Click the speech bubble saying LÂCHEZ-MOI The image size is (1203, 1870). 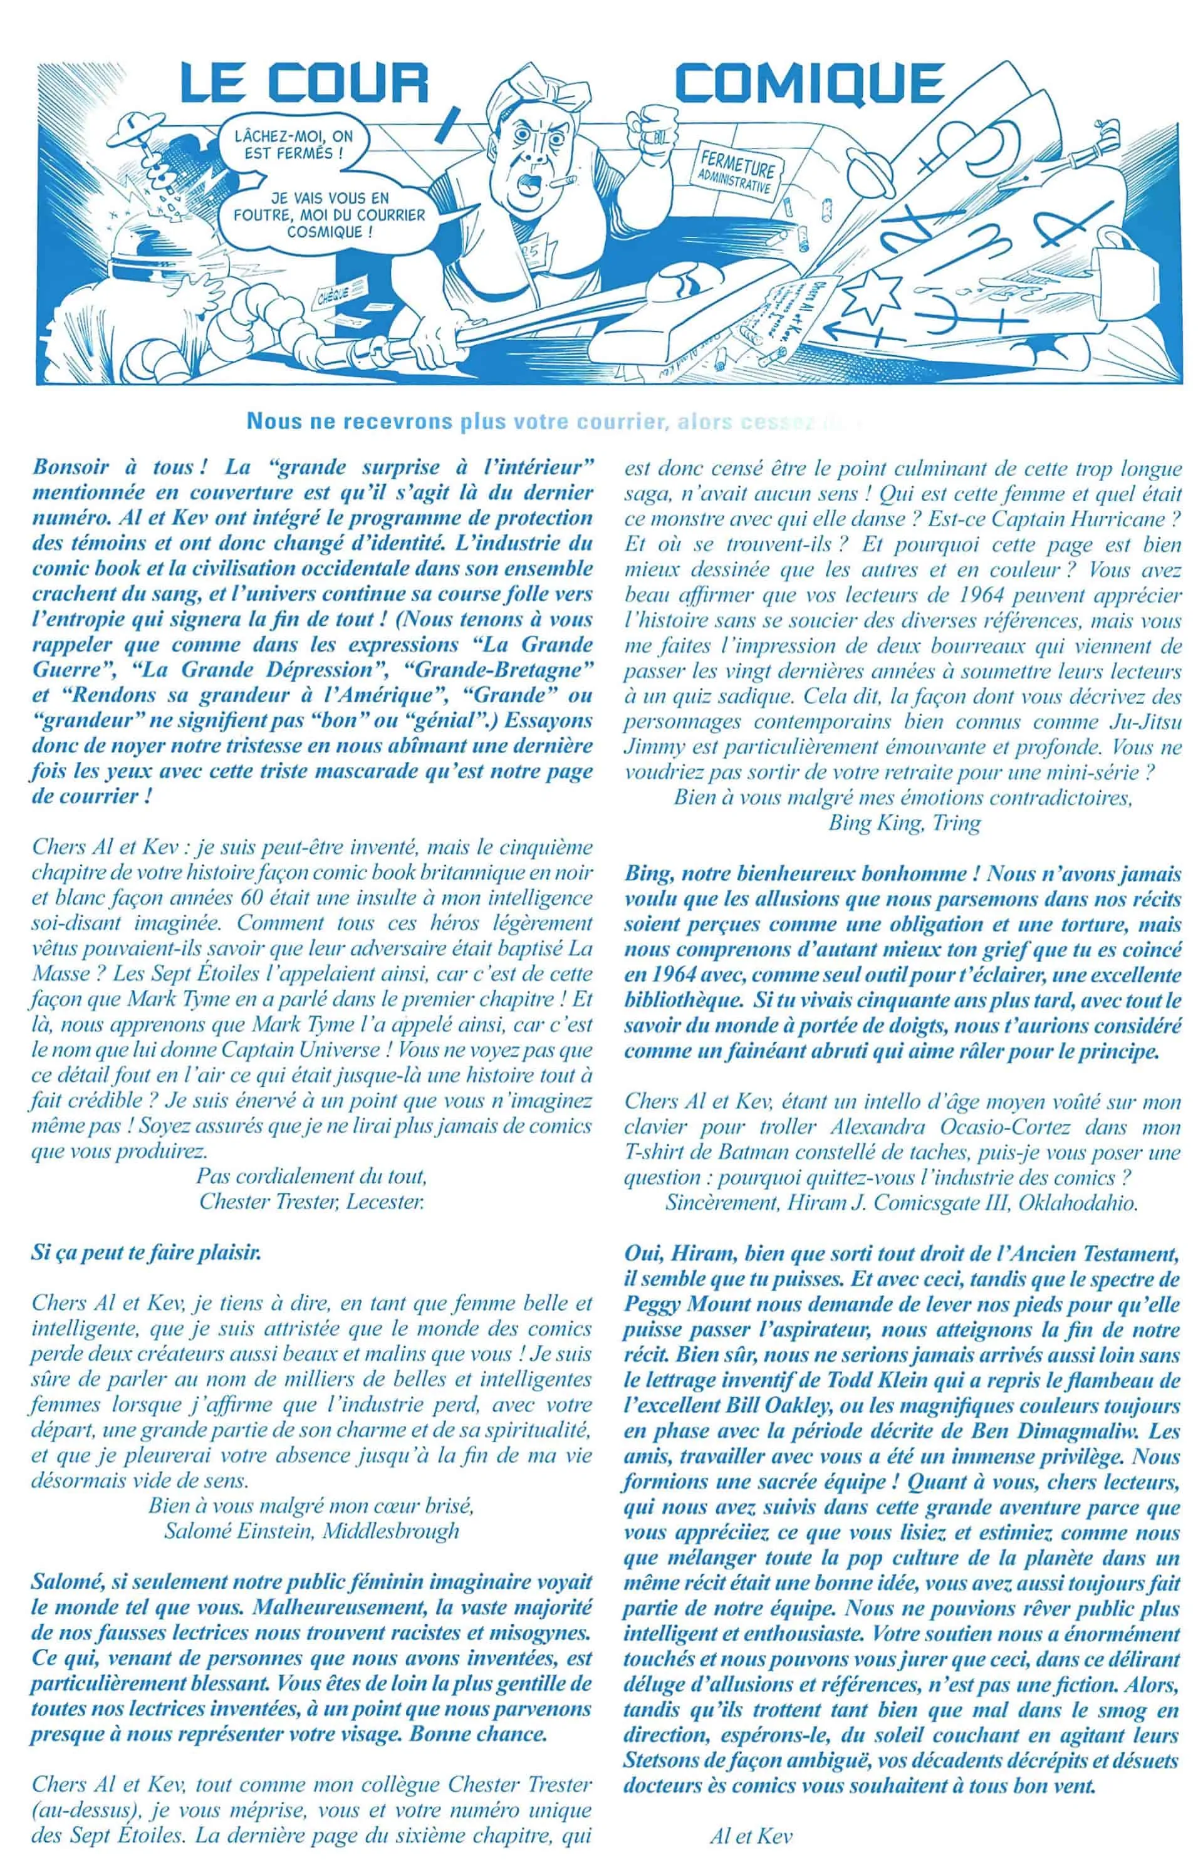(x=294, y=145)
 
